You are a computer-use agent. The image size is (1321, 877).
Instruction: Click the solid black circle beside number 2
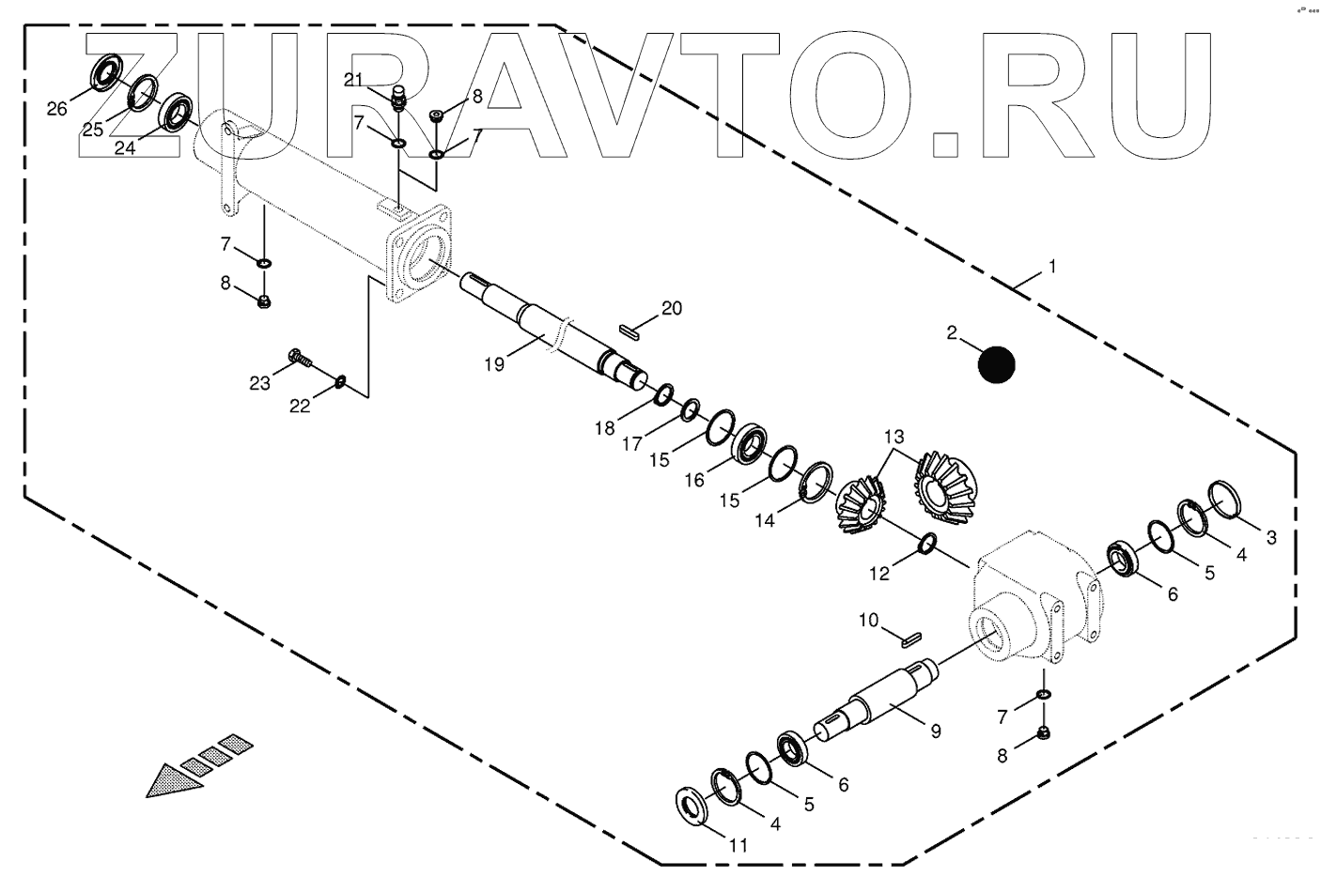pyautogui.click(x=996, y=365)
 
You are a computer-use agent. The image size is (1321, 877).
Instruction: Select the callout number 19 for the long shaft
pyautogui.click(x=495, y=363)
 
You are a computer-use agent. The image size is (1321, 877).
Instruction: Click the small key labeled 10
pyautogui.click(x=908, y=640)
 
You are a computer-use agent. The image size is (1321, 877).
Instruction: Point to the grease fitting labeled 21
pyautogui.click(x=396, y=98)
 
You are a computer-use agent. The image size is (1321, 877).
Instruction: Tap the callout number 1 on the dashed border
pyautogui.click(x=1052, y=268)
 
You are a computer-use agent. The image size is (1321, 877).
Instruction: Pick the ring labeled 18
pyautogui.click(x=662, y=394)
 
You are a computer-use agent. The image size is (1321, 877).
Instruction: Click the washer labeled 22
pyautogui.click(x=341, y=380)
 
